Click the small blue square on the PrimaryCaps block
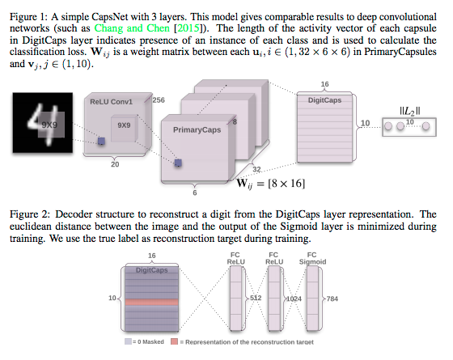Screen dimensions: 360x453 tap(176, 163)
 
